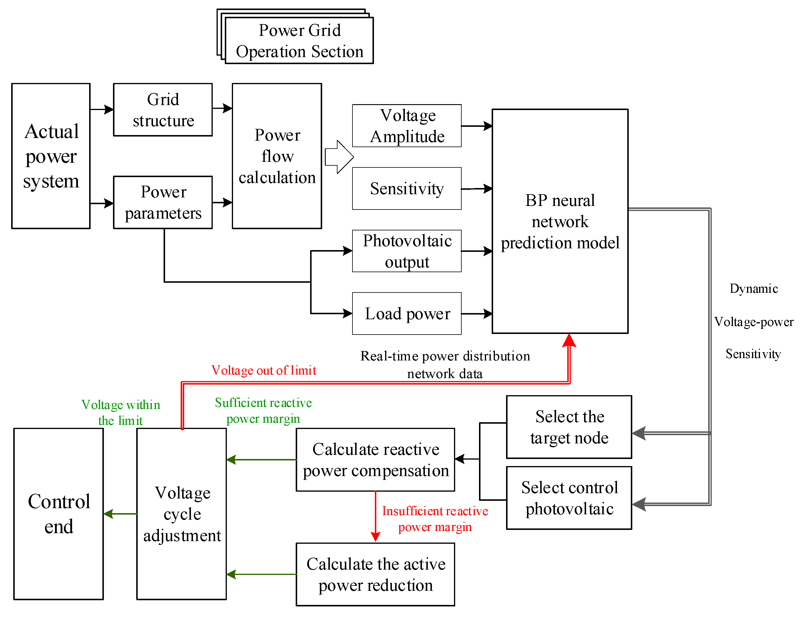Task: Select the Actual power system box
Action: tap(51, 156)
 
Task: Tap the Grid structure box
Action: tap(163, 110)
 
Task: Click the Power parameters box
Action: tap(163, 202)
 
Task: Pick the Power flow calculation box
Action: tap(277, 156)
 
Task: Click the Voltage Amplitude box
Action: tap(407, 126)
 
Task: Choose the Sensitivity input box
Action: tap(407, 188)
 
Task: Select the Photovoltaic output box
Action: tap(407, 251)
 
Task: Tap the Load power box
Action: tap(407, 314)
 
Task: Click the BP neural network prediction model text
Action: tap(560, 222)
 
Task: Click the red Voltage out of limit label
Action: tap(264, 370)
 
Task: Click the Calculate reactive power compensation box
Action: tap(375, 460)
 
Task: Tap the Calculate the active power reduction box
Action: tap(375, 574)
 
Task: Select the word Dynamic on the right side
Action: tap(754, 289)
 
